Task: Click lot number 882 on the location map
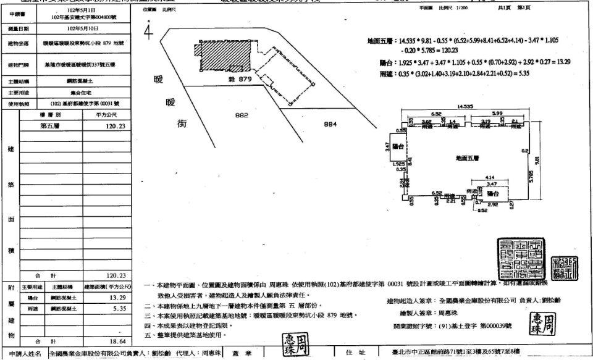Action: (242, 115)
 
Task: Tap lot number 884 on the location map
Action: (332, 124)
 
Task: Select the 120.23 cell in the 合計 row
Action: (116, 275)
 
